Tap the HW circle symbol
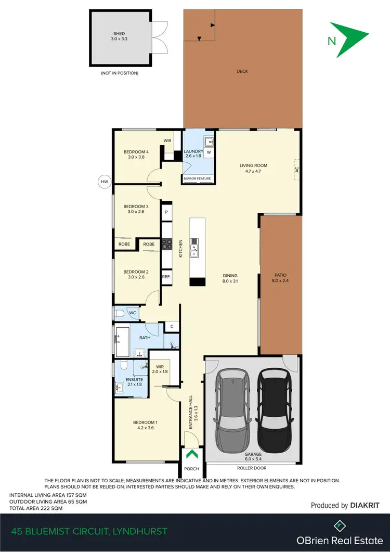click(x=105, y=182)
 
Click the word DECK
click(x=242, y=71)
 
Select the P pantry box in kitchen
click(x=166, y=212)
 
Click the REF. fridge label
click(x=166, y=277)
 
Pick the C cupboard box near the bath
click(x=171, y=327)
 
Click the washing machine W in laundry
click(x=209, y=153)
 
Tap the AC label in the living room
click(x=297, y=170)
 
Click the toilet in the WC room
click(x=119, y=313)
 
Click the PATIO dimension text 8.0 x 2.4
click(x=281, y=281)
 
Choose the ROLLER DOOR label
click(x=251, y=467)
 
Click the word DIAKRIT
click(x=365, y=505)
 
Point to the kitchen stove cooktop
click(x=166, y=242)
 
